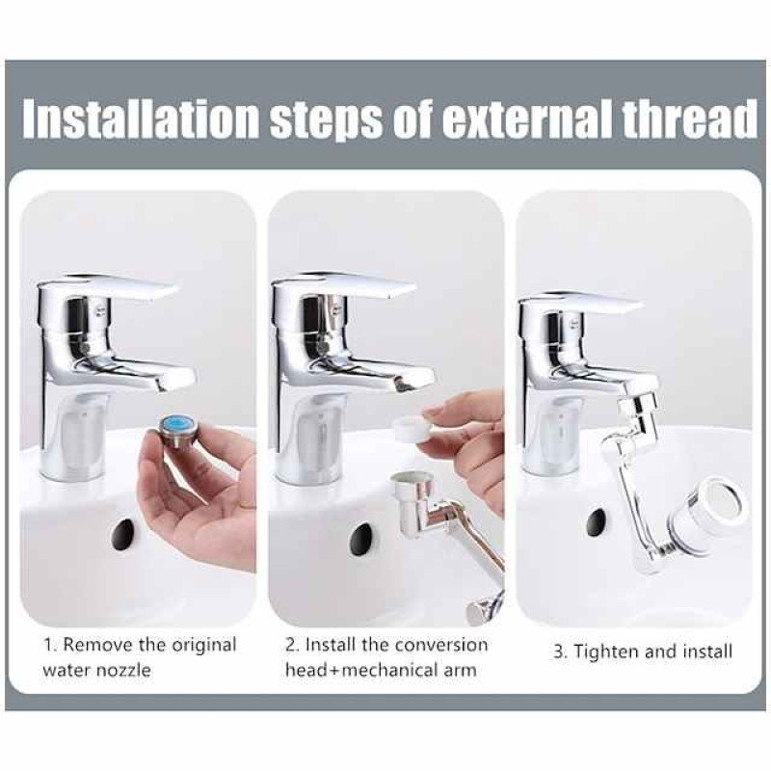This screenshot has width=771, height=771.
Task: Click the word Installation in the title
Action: pos(140,120)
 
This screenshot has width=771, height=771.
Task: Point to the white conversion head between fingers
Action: pos(413,429)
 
